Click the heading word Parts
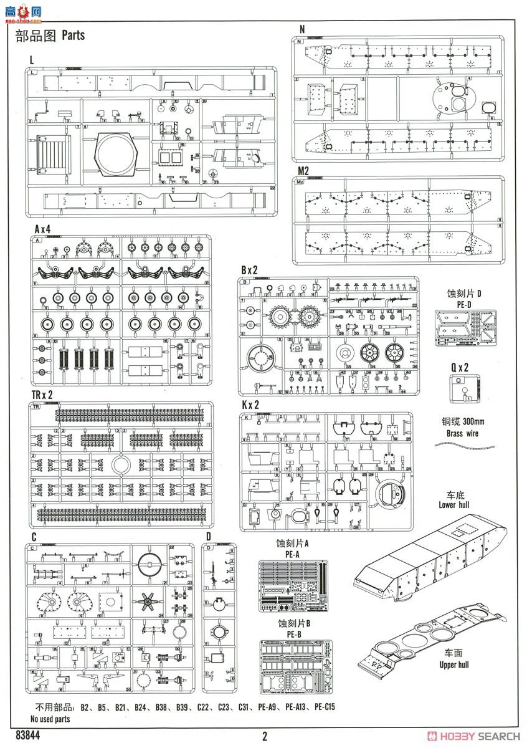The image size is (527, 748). coord(73,36)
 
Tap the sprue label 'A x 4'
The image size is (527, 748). coord(42,230)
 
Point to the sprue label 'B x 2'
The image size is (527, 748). coord(250,270)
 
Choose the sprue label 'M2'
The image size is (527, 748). coord(303,171)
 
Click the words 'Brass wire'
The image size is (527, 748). coord(463,433)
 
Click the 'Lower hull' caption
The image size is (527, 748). coord(453,505)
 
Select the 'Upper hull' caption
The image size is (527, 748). coord(453,664)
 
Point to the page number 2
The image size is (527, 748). coord(265,736)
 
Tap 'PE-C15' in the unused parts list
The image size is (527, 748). coord(324,707)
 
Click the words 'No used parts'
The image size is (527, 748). coord(50,719)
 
